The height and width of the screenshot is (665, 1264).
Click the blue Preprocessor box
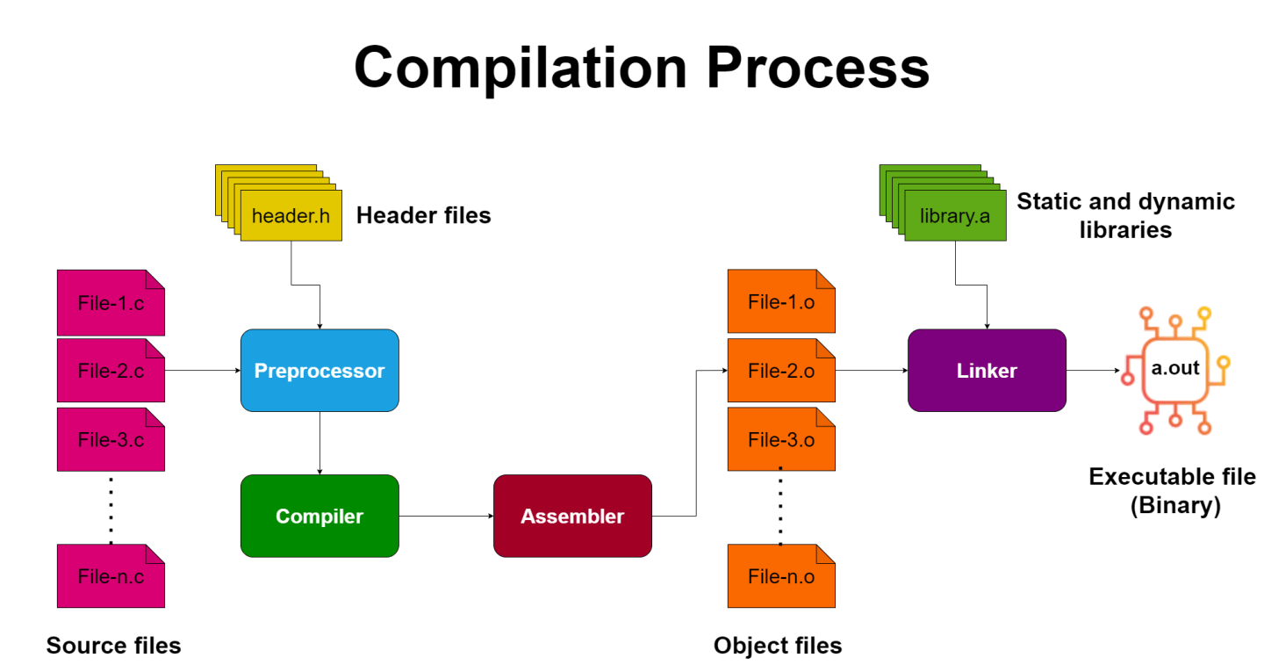pos(320,371)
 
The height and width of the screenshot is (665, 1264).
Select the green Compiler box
pos(320,516)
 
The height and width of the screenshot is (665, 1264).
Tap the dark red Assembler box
pos(572,516)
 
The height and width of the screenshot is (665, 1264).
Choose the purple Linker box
pos(987,371)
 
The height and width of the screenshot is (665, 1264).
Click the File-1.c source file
pos(111,302)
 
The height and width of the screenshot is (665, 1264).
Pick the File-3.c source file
pos(111,439)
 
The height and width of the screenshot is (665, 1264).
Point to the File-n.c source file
pos(111,575)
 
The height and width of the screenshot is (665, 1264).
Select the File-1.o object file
pos(781,301)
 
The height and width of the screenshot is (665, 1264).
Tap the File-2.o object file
pos(781,371)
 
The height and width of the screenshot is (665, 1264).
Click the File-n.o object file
pos(781,575)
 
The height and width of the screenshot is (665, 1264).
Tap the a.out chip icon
pos(1175,371)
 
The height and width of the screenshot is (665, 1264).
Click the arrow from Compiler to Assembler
pos(446,516)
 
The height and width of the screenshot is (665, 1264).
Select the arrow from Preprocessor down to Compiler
pos(320,443)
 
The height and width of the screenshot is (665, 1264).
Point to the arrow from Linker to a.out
pos(1093,371)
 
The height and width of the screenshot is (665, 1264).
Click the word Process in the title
pos(818,68)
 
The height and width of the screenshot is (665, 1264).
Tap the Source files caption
pos(113,646)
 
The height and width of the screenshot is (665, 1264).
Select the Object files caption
pos(778,646)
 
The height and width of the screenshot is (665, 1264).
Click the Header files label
pos(423,215)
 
